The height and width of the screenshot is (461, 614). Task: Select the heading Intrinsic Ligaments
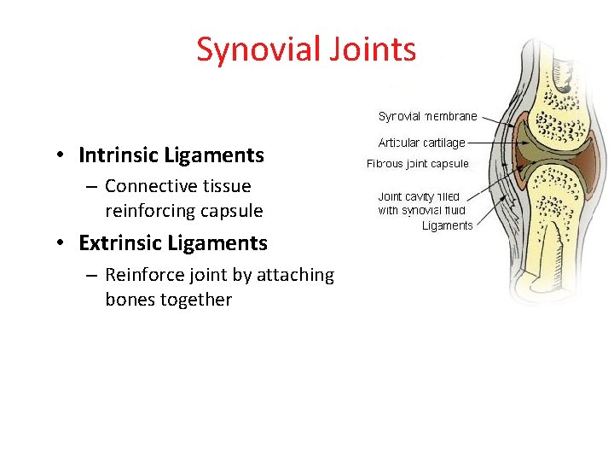tap(171, 155)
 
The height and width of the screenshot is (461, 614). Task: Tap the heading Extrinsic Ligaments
tap(173, 243)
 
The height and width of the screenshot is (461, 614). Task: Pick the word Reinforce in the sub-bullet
tap(146, 275)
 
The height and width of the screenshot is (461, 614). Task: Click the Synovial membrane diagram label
tap(427, 116)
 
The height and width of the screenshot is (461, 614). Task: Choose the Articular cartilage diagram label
tap(421, 143)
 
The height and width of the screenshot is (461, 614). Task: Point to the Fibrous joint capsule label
tap(417, 163)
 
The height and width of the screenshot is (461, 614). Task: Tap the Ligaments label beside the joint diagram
tap(447, 225)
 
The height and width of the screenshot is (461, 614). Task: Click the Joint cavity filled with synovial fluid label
tap(421, 203)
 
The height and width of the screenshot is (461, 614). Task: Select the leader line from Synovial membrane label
tap(495, 116)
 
